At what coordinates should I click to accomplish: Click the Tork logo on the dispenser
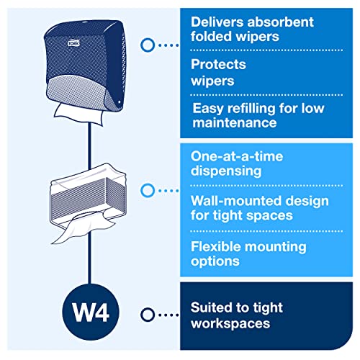coord(73,42)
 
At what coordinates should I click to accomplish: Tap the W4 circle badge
coord(91,312)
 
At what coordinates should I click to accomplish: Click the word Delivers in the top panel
coord(217,22)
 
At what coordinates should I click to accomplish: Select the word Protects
coord(218,64)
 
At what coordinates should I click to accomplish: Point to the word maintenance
coord(235,123)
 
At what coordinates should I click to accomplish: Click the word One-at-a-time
coord(237,156)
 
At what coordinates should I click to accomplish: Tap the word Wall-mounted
coord(228,201)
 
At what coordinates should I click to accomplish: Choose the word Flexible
coord(216,246)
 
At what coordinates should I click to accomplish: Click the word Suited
coord(211,307)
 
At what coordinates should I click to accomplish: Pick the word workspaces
coord(230,324)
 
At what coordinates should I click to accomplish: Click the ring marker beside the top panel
coord(148,45)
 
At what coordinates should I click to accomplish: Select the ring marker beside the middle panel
coord(148,191)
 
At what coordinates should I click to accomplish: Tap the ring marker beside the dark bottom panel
coord(148,315)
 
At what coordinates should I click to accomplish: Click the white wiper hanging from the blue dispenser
coord(79,114)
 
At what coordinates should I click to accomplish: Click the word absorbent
coord(281,22)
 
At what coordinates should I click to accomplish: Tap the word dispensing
coord(226,171)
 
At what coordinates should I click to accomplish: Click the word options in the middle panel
coord(215,261)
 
